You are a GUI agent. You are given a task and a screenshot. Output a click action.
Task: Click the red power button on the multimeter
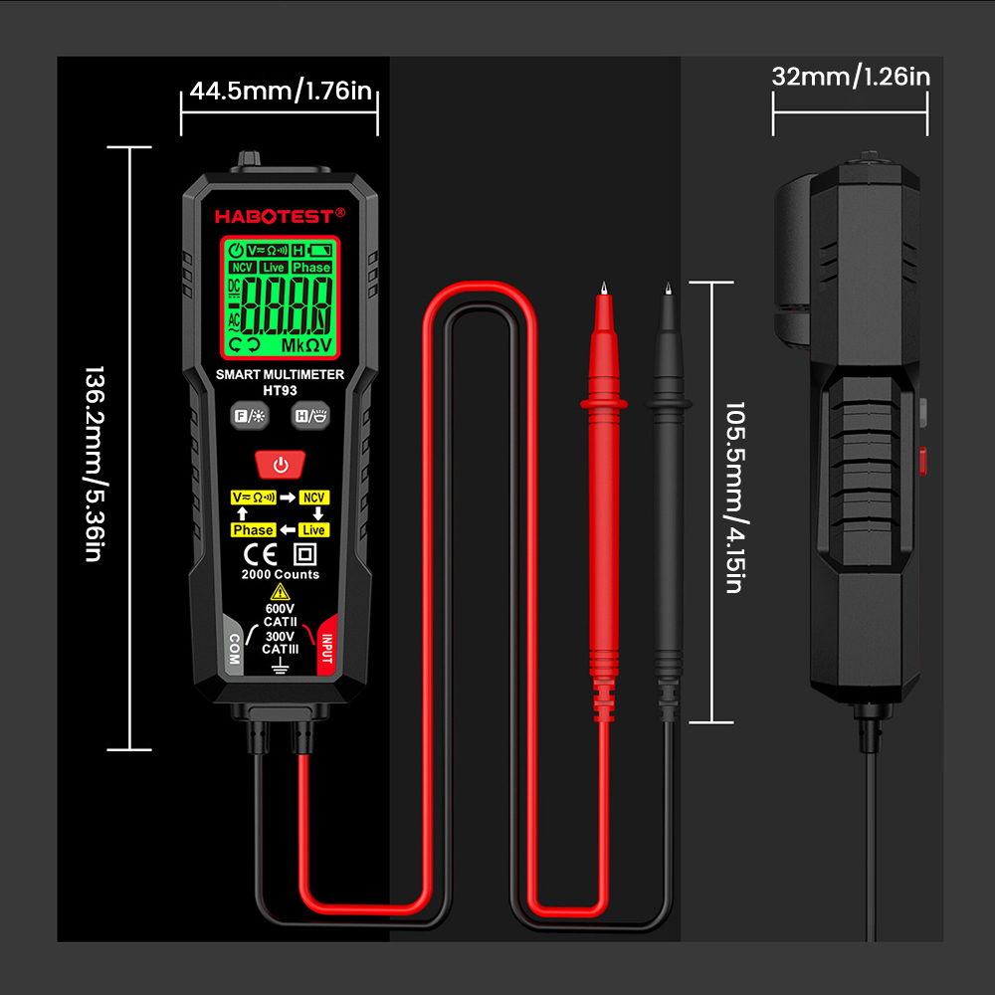tap(280, 465)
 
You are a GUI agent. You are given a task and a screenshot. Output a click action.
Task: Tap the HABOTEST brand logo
tap(280, 216)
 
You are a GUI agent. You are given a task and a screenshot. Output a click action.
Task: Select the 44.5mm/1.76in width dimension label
tap(281, 91)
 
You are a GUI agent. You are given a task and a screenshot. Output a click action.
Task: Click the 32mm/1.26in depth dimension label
tap(851, 77)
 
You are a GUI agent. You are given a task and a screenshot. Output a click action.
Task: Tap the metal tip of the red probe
tap(604, 289)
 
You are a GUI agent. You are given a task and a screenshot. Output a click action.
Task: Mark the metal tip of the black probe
tap(668, 289)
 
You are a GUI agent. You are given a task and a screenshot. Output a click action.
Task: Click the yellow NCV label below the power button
tap(314, 497)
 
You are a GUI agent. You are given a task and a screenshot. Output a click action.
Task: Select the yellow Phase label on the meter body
tap(253, 530)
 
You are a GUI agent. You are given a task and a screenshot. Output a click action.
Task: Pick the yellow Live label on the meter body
tap(314, 530)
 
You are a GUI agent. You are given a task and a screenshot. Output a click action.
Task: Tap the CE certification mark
tap(261, 555)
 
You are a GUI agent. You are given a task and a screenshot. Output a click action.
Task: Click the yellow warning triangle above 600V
tap(280, 593)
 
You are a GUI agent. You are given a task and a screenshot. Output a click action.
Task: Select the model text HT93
tap(280, 390)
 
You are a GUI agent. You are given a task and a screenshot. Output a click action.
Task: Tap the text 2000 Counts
tap(280, 574)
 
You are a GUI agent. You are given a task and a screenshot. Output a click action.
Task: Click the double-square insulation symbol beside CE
tap(305, 555)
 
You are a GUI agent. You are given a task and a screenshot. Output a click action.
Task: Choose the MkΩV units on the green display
tap(306, 346)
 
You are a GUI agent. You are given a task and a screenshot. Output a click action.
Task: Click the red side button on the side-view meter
tap(922, 461)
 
